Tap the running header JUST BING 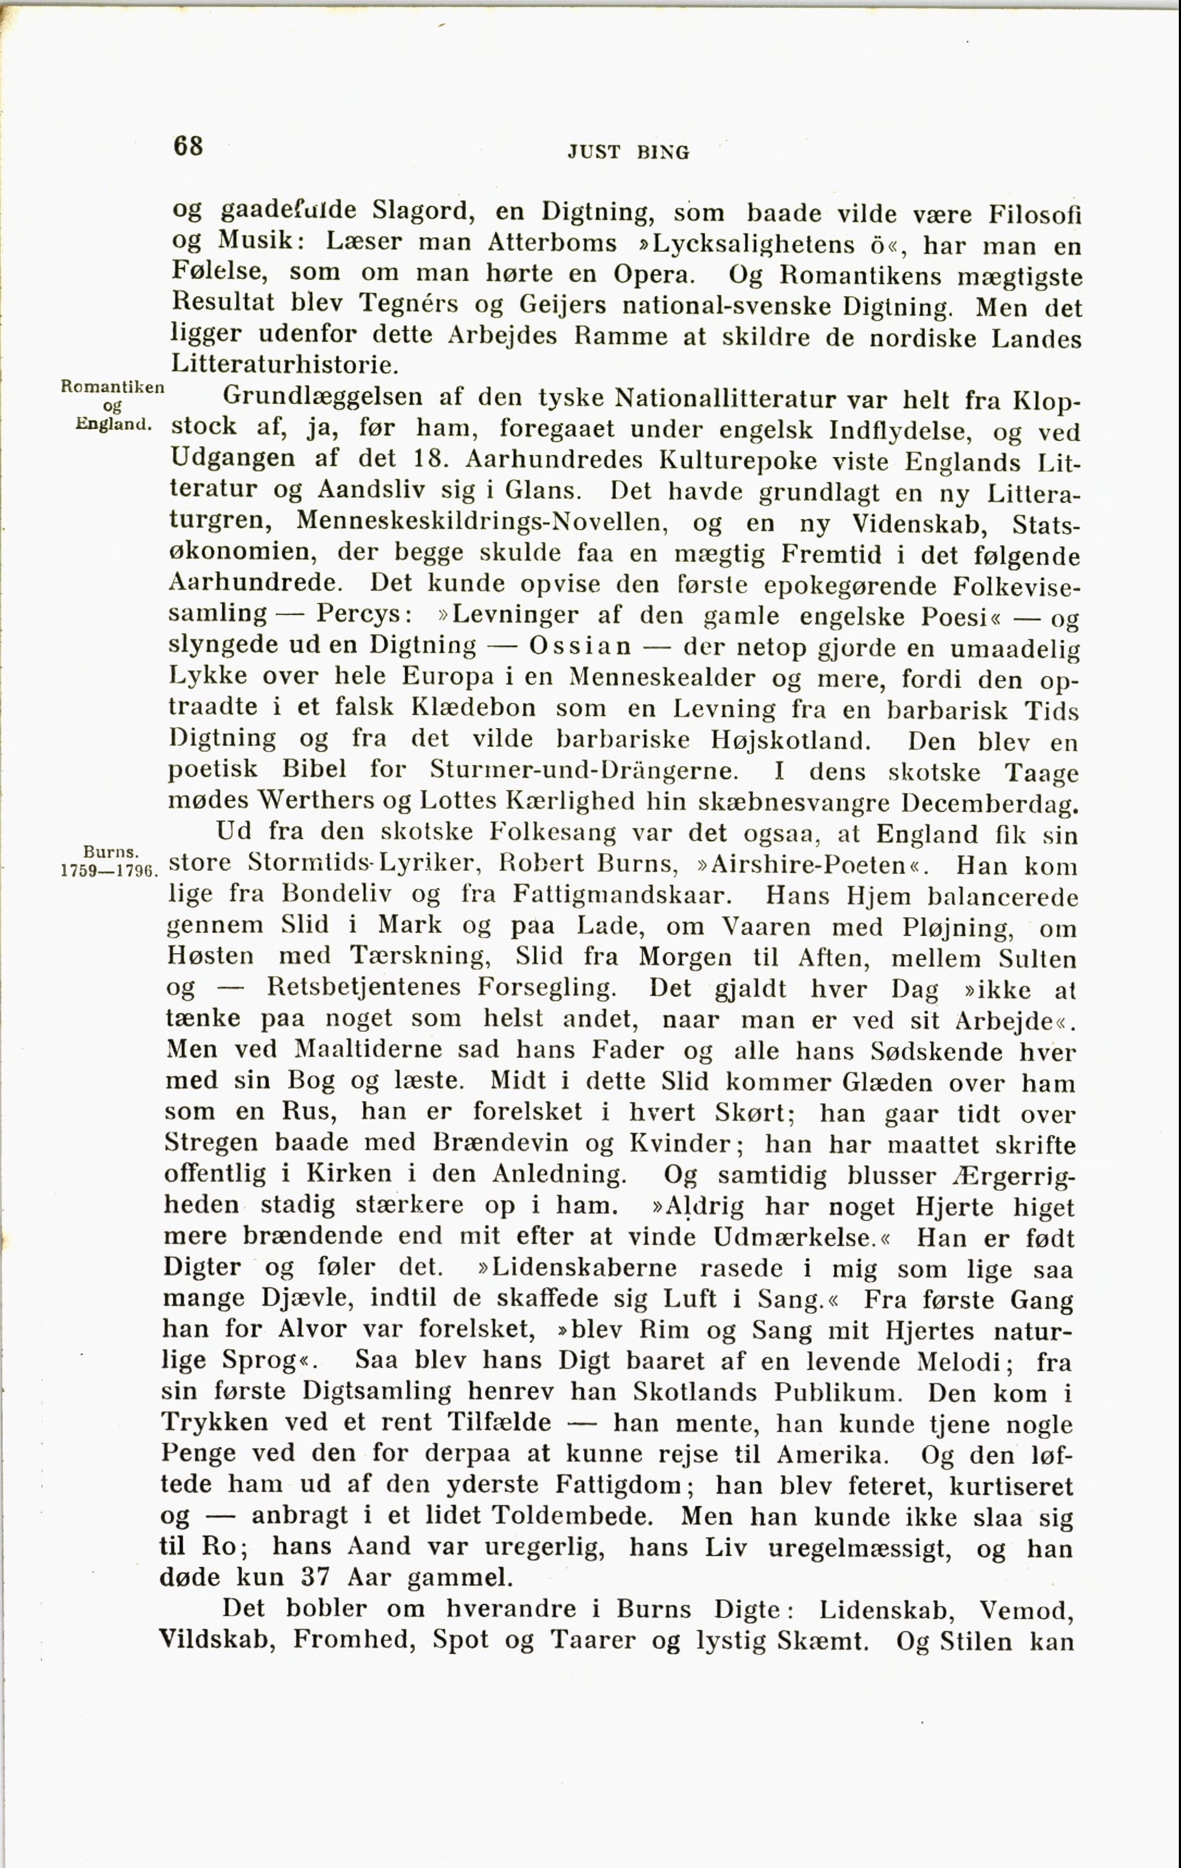tap(628, 152)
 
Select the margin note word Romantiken tap(111, 386)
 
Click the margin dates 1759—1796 tap(109, 870)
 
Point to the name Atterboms tap(552, 242)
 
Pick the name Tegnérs tap(404, 304)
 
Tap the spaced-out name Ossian tap(580, 646)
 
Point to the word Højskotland tap(791, 739)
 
